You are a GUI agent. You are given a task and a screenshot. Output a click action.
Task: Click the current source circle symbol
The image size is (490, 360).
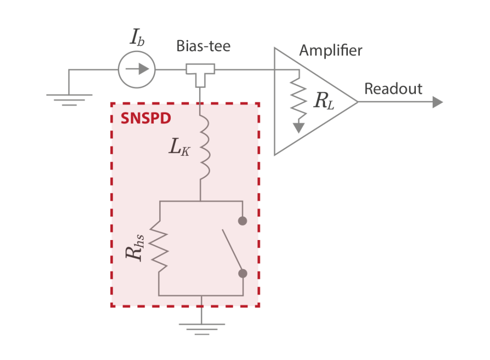click(x=137, y=70)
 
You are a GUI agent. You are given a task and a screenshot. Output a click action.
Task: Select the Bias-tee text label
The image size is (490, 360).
click(x=203, y=46)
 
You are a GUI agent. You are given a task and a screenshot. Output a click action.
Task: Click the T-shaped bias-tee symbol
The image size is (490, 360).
click(x=200, y=75)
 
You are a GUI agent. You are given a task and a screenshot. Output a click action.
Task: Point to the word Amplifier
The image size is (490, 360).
click(x=331, y=50)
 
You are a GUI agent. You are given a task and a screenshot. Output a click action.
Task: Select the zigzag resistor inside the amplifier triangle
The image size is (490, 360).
click(x=299, y=98)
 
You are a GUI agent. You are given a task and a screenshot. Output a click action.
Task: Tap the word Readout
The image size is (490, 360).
click(x=393, y=89)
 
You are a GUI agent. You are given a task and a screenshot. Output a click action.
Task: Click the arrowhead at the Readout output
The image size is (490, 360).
click(x=437, y=102)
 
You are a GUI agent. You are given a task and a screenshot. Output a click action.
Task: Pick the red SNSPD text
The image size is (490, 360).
click(x=146, y=118)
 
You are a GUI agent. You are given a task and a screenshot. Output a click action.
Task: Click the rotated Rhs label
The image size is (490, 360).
click(x=135, y=248)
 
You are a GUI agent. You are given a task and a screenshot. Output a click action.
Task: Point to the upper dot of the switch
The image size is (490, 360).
click(x=243, y=221)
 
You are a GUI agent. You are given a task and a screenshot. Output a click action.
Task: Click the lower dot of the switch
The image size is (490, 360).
click(x=243, y=273)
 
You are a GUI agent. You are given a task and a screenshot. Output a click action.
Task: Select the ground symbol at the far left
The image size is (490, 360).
click(x=69, y=98)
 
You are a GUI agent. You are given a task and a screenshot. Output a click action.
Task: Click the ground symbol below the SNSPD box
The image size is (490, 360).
click(x=201, y=328)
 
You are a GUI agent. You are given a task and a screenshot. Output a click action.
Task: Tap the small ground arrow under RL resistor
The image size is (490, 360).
click(x=299, y=127)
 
